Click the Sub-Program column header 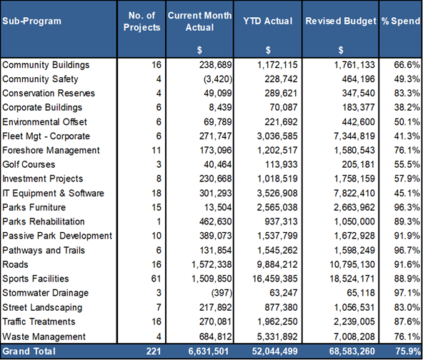point(32,21)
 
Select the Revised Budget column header point(341,21)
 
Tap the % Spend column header point(401,21)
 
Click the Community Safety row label point(40,79)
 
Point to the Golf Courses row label point(29,164)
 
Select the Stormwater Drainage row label point(45,293)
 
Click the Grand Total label point(29,351)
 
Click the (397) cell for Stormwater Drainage point(222,293)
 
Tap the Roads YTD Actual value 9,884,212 point(277,264)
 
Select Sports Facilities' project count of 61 point(156,279)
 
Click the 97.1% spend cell point(407,293)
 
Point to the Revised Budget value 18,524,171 point(352,279)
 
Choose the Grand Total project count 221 point(154,351)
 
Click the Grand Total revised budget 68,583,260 point(352,351)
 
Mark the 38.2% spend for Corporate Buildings point(407,107)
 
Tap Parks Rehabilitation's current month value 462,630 point(216,221)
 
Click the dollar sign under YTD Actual point(268,50)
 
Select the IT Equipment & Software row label point(53,193)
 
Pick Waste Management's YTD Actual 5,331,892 point(277,336)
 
